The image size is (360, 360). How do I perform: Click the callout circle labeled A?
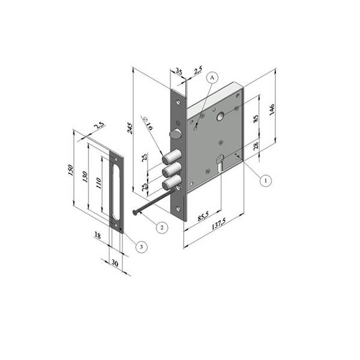pos(212,78)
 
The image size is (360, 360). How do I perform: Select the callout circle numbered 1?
pos(266,181)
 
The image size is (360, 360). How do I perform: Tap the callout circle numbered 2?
pos(162,227)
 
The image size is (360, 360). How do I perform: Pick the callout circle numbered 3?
pos(141,247)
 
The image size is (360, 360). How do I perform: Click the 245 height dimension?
pos(130,128)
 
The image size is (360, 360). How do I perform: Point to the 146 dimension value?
pos(272,110)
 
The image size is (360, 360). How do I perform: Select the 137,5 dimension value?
pos(218,224)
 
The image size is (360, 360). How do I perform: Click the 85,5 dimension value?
pos(203,216)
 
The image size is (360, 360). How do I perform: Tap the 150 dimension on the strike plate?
pos(71,170)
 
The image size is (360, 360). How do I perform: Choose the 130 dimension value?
pos(85,177)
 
